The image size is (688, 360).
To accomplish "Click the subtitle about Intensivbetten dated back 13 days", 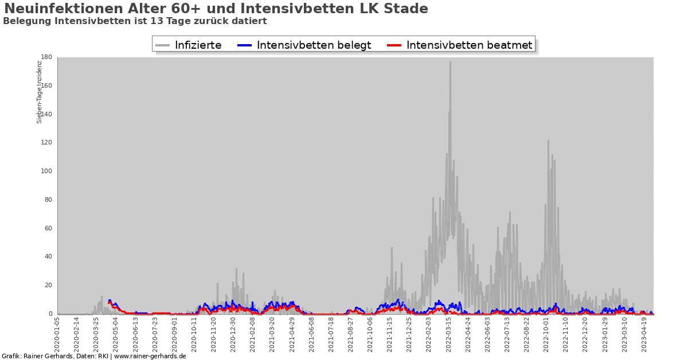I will [x=135, y=21].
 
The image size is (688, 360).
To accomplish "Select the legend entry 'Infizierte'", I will [x=198, y=45].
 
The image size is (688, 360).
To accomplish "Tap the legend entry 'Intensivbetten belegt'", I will [x=314, y=45].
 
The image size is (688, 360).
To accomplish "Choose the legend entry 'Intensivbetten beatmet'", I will [x=469, y=45].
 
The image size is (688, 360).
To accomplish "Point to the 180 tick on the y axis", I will [x=47, y=57].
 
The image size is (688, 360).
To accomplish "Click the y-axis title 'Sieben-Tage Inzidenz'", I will [x=40, y=92].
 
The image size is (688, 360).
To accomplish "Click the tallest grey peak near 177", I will [x=450, y=62].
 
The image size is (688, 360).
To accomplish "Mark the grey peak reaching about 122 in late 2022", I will [x=548, y=141].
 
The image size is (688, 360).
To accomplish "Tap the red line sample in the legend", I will [x=395, y=45].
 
